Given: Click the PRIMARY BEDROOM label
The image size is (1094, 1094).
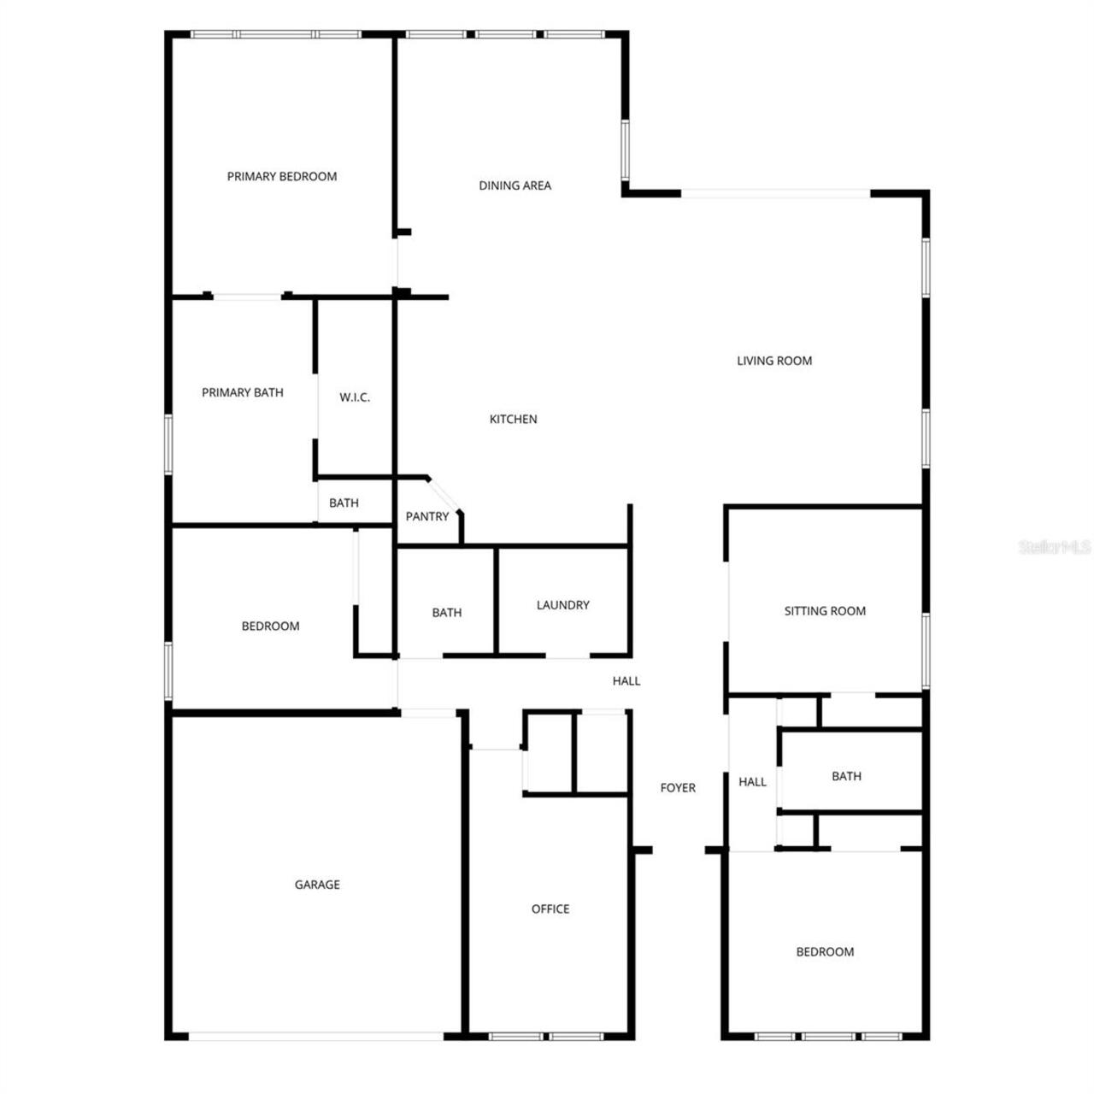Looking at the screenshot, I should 282,176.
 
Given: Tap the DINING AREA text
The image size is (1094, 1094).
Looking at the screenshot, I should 515,185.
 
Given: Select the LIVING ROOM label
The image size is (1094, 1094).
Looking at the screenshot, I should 774,361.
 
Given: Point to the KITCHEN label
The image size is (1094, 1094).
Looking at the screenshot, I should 513,419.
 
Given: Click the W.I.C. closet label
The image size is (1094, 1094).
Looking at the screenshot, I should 355,397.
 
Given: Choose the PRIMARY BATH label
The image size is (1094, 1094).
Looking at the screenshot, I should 243,392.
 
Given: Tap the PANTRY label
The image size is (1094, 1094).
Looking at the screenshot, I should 427,516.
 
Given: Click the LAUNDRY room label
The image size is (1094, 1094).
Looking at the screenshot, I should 562,605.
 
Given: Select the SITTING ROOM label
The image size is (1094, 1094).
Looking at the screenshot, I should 825,611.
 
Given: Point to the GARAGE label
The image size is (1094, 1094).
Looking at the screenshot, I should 317,885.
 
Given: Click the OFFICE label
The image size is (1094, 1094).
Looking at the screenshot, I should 550,909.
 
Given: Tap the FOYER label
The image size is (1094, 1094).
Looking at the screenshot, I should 678,788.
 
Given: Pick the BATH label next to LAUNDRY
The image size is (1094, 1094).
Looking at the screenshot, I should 447,613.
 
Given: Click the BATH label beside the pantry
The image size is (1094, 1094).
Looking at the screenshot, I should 344,503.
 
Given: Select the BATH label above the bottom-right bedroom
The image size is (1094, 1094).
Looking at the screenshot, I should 846,776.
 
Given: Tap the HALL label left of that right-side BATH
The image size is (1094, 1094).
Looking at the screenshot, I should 752,782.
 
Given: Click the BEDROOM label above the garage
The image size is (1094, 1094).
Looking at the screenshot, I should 270,626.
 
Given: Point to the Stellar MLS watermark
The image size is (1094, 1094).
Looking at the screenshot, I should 1055,546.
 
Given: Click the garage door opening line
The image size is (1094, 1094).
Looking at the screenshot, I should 316,1036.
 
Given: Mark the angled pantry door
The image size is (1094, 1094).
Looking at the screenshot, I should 443,495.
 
